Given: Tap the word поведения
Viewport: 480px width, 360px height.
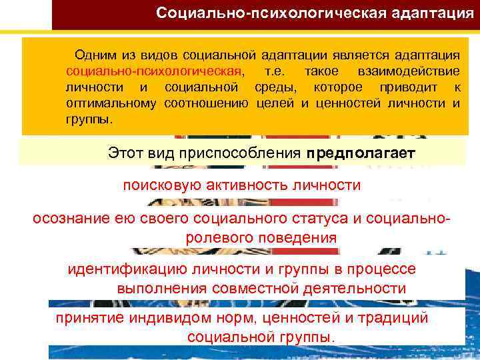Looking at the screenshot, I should [x=298, y=237].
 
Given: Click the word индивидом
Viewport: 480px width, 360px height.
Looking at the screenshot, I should [x=164, y=319].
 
